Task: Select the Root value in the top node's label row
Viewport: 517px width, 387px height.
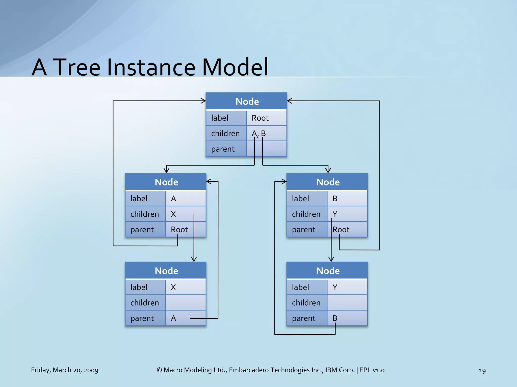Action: [x=260, y=118]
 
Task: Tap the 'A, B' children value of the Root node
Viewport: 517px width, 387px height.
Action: [x=258, y=133]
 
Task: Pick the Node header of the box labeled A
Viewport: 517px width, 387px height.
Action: [x=166, y=182]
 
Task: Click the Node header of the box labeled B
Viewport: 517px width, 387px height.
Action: [x=328, y=182]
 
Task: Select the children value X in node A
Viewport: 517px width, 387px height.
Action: [x=173, y=214]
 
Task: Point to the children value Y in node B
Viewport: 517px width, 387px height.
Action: [x=335, y=214]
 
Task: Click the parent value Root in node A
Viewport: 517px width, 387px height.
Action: [x=179, y=230]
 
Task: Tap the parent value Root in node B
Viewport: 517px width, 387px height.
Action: [x=341, y=230]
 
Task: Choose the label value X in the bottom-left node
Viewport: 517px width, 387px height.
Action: [x=173, y=287]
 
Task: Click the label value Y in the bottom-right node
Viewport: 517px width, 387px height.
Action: [x=335, y=287]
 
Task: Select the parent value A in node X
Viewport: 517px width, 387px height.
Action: [x=173, y=318]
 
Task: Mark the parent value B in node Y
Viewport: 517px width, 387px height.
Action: [x=335, y=318]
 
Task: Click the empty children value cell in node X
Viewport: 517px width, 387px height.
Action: [x=186, y=303]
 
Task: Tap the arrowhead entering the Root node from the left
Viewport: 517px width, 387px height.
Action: [x=203, y=101]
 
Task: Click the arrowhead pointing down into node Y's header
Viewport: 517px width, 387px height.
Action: [x=331, y=259]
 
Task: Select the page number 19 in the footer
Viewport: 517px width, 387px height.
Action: [x=482, y=370]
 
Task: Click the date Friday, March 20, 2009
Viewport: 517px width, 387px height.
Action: [x=65, y=370]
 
